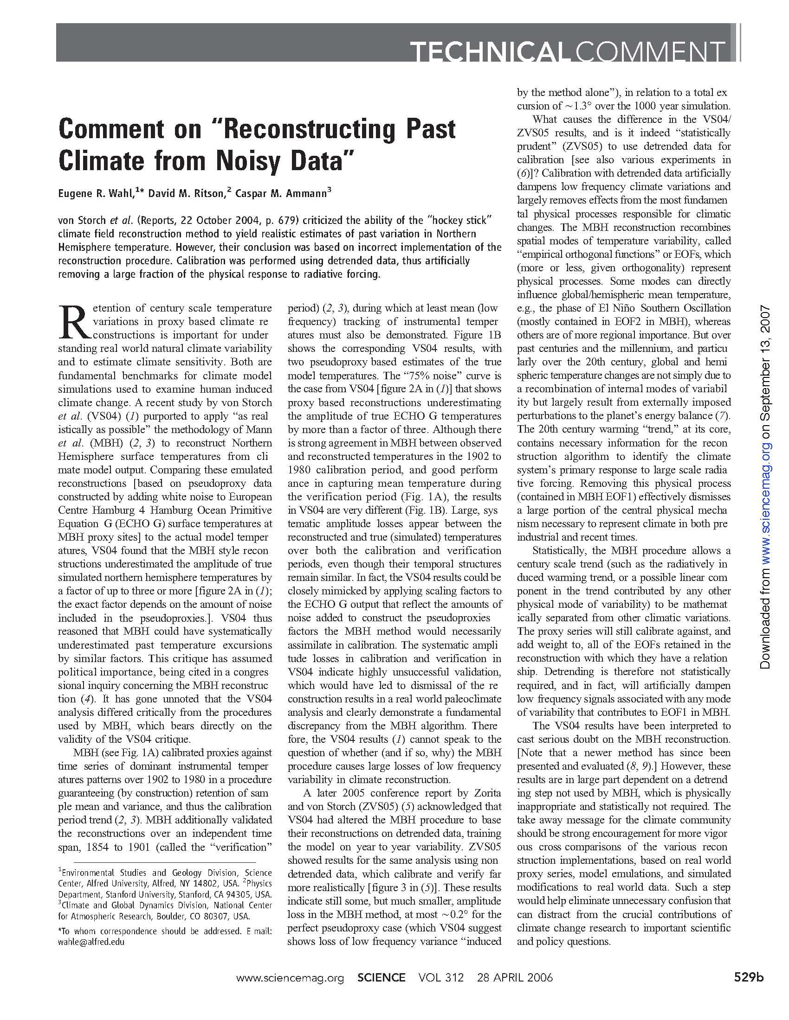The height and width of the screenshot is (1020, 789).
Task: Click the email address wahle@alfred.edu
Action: [91, 942]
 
